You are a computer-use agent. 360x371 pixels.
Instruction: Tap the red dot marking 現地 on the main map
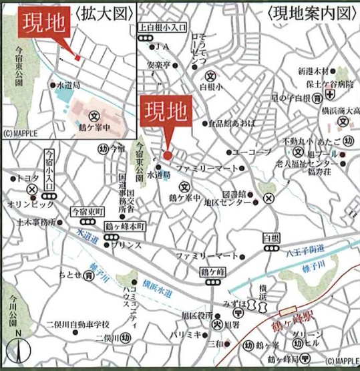click(167, 156)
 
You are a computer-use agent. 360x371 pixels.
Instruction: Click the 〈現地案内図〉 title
click(309, 13)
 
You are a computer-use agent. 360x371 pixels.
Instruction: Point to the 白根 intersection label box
click(271, 238)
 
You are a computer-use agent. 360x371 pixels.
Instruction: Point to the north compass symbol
click(19, 350)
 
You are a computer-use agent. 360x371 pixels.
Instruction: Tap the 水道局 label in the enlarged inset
click(68, 86)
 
